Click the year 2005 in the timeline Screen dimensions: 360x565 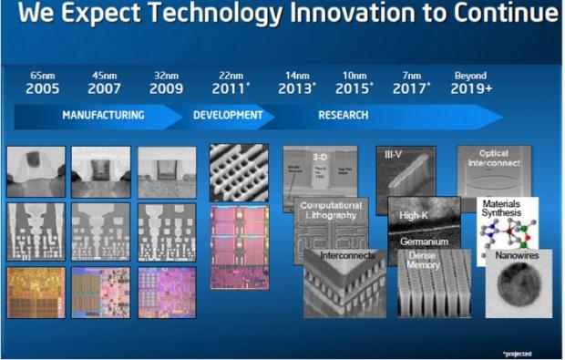pyautogui.click(x=43, y=88)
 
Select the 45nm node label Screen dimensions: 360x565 pyautogui.click(x=104, y=76)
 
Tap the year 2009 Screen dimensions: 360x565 pyautogui.click(x=166, y=88)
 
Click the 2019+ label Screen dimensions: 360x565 pyautogui.click(x=472, y=88)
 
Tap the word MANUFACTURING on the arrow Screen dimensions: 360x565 pyautogui.click(x=103, y=116)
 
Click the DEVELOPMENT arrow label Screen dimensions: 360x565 pyautogui.click(x=228, y=116)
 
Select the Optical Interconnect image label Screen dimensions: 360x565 pyautogui.click(x=495, y=160)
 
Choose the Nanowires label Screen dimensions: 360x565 pyautogui.click(x=517, y=258)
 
